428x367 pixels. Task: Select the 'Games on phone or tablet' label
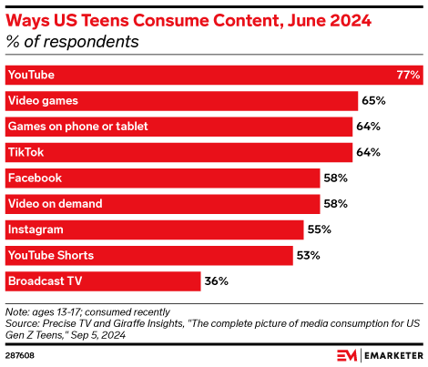(x=76, y=126)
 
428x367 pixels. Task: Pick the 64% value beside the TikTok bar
(x=368, y=151)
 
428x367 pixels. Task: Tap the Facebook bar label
(x=35, y=178)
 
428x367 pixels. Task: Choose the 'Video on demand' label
(x=54, y=203)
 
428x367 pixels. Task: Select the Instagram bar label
(x=36, y=229)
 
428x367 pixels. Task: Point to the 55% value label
(x=320, y=229)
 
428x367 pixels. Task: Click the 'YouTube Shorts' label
(x=50, y=254)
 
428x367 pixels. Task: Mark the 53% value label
(x=309, y=254)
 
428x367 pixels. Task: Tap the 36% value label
(x=217, y=280)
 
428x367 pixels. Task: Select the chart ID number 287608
(x=20, y=354)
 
